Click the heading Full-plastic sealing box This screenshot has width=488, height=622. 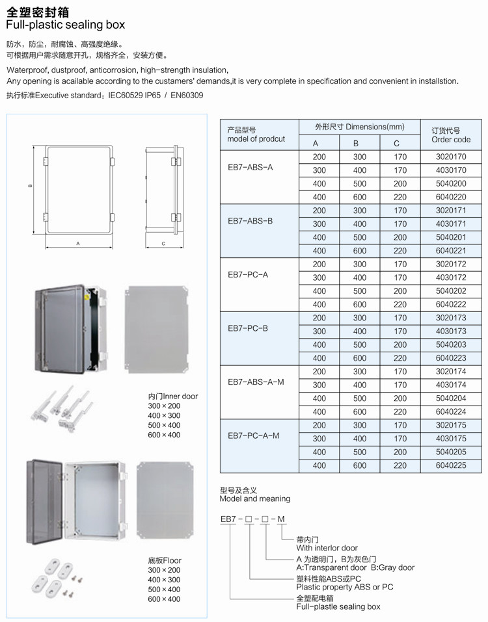[x=65, y=25]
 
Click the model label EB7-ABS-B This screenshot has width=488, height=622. [x=251, y=222]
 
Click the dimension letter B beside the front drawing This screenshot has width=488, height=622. [x=30, y=187]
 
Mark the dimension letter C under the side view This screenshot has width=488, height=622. [x=163, y=244]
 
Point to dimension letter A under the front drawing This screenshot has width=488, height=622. [x=77, y=244]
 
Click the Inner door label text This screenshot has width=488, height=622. [x=173, y=396]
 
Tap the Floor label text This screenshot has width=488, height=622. [x=165, y=560]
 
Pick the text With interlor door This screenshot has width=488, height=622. [x=327, y=548]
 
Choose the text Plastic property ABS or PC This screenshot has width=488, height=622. [x=345, y=587]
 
